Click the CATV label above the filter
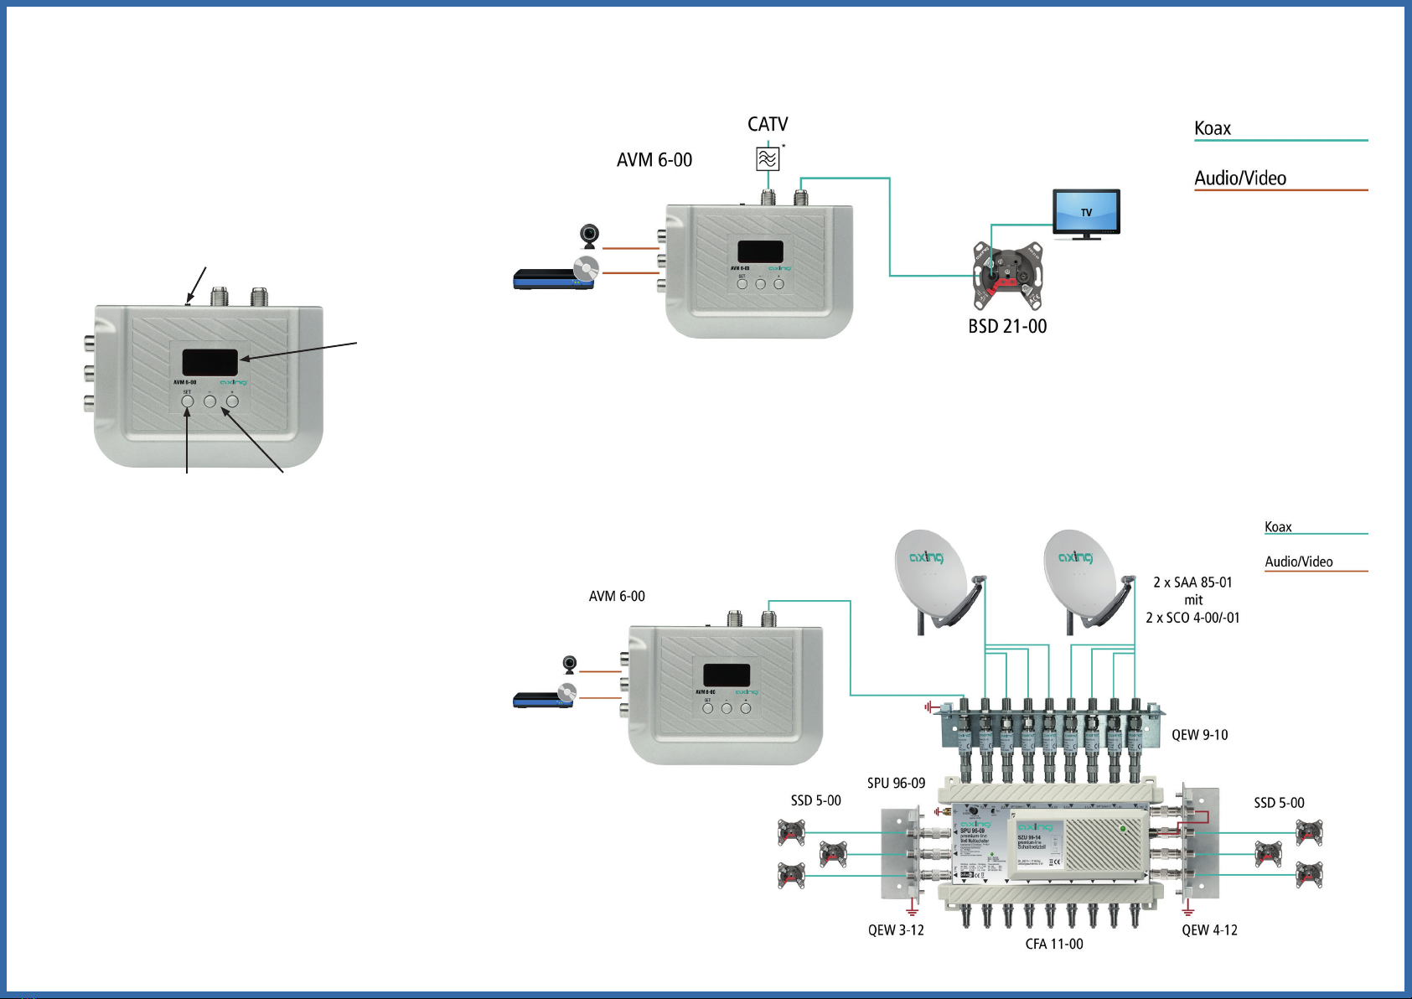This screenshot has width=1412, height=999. [x=768, y=124]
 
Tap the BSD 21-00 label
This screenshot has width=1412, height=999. [x=1007, y=326]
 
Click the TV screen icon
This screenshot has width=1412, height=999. [x=1086, y=213]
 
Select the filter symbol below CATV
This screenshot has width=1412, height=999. [x=768, y=158]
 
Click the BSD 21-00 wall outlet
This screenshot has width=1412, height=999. [x=1007, y=274]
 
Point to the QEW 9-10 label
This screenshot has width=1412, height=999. [x=1199, y=735]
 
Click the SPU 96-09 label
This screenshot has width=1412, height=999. [x=896, y=783]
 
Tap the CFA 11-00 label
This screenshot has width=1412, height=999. [x=1054, y=944]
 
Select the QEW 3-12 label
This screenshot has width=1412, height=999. [x=896, y=929]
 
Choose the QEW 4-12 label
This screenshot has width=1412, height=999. [x=1209, y=929]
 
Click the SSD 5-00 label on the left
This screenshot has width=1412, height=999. [x=815, y=800]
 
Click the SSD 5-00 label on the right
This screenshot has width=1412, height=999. [x=1279, y=803]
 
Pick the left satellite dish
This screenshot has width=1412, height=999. [x=930, y=574]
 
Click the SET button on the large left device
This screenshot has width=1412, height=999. [x=188, y=401]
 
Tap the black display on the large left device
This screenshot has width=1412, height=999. [x=209, y=362]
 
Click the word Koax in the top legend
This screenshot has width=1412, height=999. [x=1213, y=128]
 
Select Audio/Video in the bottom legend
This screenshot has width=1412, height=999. [x=1299, y=562]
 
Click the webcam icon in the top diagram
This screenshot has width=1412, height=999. [x=590, y=236]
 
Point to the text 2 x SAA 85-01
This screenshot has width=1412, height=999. [x=1192, y=582]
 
